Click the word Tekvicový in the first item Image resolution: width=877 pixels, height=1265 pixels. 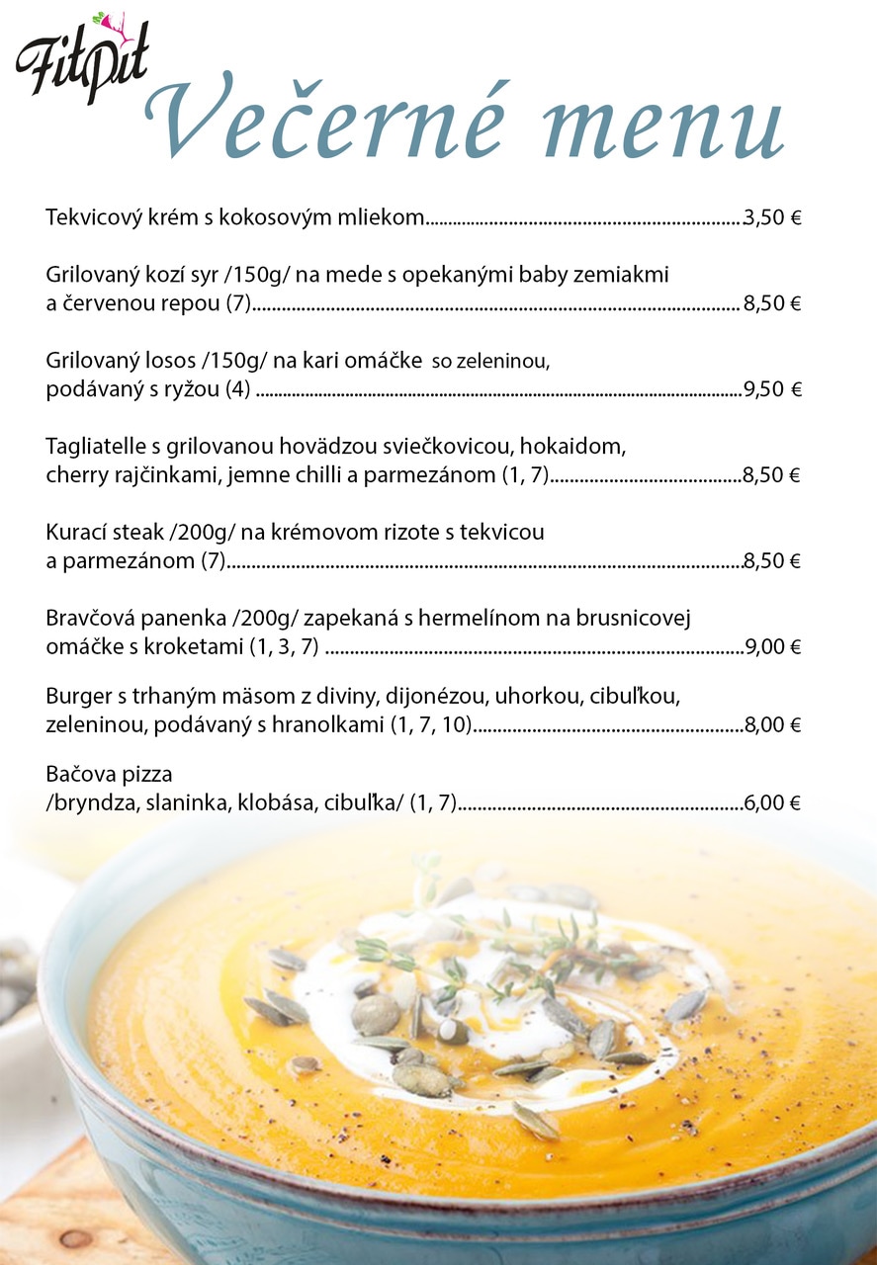(92, 217)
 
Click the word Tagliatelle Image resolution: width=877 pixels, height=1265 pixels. (95, 447)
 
